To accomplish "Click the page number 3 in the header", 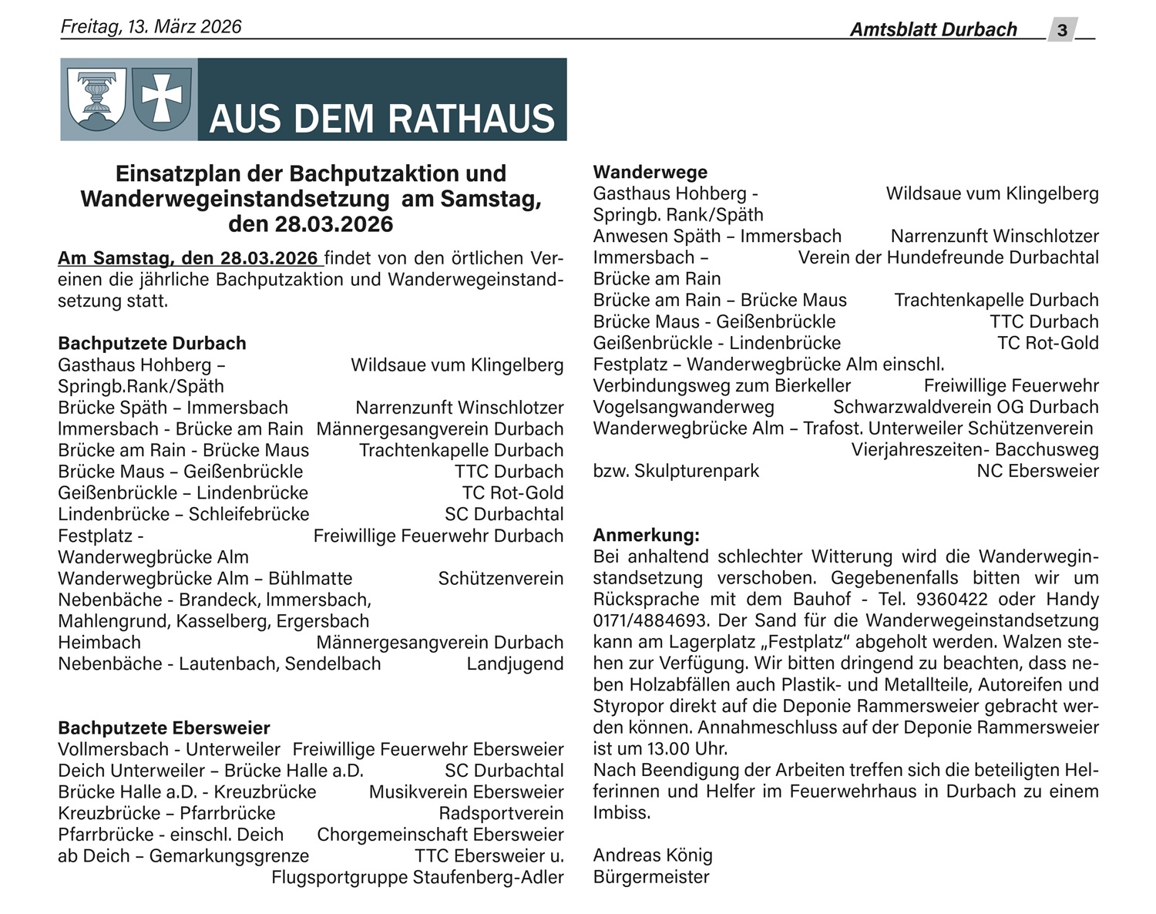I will coord(1062,29).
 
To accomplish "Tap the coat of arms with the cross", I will coord(162,98).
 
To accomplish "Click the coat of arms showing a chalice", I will coord(96,98).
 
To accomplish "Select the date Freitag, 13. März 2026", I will coord(151,27).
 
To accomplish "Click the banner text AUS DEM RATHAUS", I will coord(381,119).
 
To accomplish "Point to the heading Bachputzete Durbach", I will coord(152,343).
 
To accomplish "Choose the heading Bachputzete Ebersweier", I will coord(164,728).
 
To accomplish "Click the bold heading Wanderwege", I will coord(650,172).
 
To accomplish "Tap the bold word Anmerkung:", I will coord(646,535).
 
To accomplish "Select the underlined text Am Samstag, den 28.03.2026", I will coord(187,257).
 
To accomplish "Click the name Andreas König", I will coord(652,855).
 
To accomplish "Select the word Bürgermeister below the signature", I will coord(650,876).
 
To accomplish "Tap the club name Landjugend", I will coord(515,664).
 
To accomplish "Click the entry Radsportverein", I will coord(501,813).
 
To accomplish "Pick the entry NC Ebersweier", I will coord(1037,471).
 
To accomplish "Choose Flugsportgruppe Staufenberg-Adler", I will coord(417,877).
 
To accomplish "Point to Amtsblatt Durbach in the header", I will coord(933,29).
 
